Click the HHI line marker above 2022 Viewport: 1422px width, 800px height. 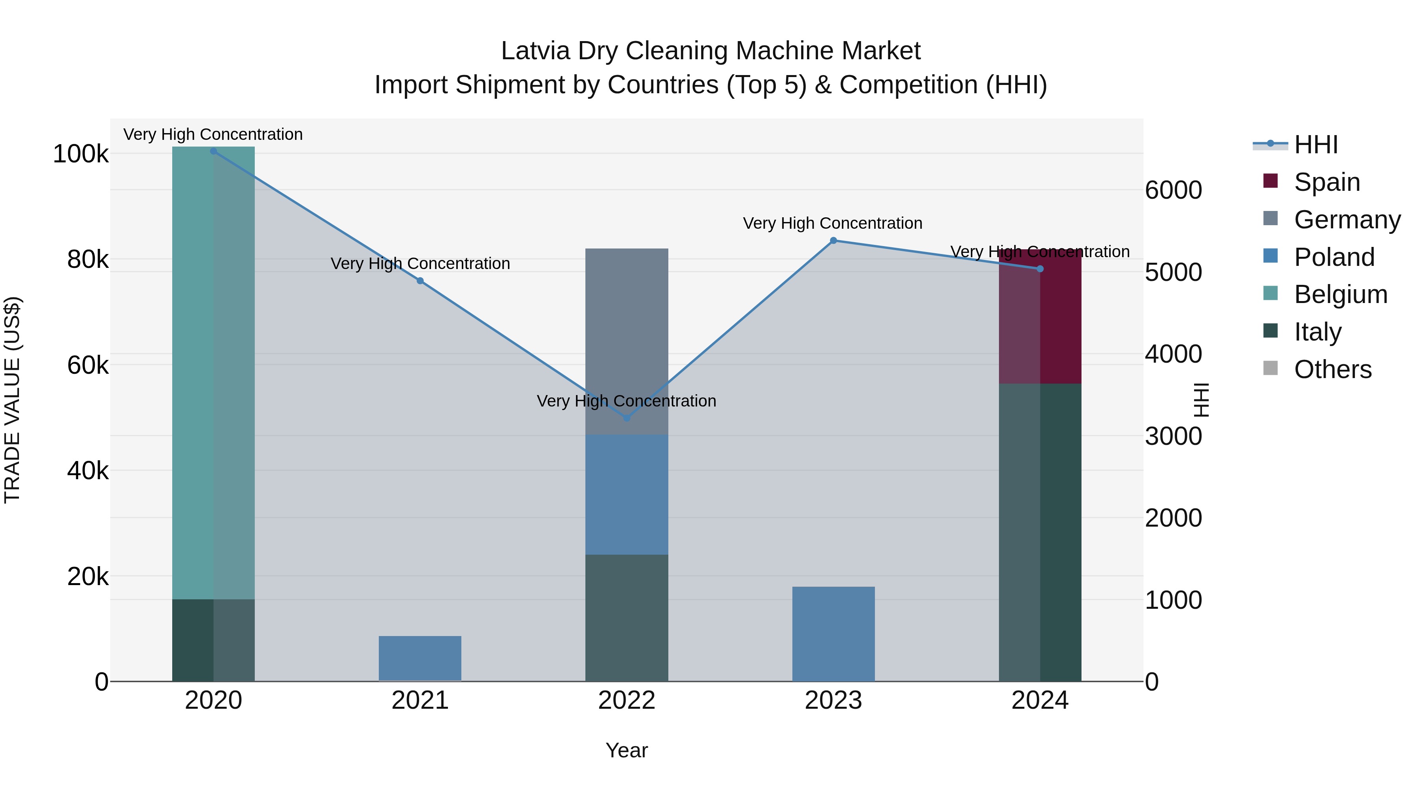[626, 418]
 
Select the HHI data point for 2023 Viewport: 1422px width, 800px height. [833, 240]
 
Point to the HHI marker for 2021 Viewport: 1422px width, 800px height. [420, 281]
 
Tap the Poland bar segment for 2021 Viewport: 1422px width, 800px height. [420, 658]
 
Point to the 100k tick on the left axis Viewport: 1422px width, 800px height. [81, 154]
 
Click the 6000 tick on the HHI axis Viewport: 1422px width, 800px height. [1174, 190]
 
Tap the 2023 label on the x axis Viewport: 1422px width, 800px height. [833, 700]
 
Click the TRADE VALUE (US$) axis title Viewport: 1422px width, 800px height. [12, 400]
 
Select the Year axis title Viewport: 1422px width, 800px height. [626, 750]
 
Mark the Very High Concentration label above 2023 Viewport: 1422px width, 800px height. [832, 223]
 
